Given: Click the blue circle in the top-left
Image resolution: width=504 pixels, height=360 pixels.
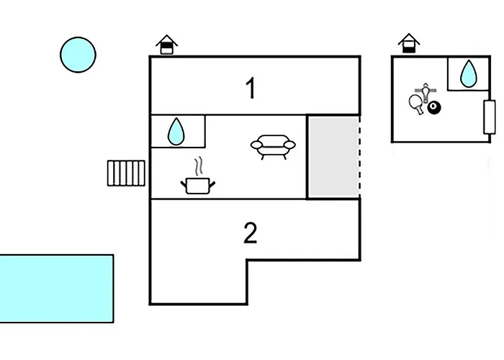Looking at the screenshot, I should point(78,55).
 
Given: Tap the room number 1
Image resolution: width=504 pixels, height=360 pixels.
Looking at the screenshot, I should point(251,89).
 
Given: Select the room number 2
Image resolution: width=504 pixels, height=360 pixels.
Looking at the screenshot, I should point(250,233).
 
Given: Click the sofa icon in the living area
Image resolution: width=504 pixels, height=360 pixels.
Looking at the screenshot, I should point(273,146).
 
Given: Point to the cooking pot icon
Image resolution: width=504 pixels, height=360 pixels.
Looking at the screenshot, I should point(198,186).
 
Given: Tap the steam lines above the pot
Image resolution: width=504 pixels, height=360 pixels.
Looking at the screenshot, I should point(197,168).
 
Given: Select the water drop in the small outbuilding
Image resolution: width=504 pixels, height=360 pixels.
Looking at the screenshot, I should point(469,73).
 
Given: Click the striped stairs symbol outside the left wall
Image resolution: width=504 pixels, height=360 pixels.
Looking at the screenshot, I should point(127,173).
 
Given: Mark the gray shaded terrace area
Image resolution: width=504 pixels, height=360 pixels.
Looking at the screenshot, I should point(333,156).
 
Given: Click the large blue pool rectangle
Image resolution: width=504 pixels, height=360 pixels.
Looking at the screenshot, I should point(56,288).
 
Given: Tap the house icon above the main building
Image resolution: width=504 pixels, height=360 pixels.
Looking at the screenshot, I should point(167,45).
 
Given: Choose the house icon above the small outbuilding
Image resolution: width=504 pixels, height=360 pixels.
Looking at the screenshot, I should point(409,43).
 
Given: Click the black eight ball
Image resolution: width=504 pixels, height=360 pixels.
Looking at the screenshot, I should point(434,108).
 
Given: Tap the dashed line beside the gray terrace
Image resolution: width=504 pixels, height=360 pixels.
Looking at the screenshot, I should point(359,156).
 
